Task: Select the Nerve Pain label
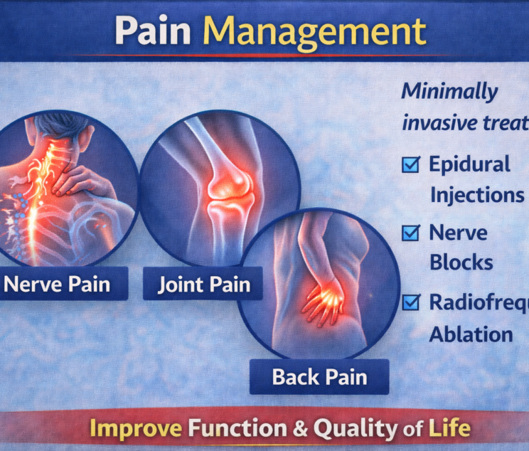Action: (x=57, y=285)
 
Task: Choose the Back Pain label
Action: (x=319, y=376)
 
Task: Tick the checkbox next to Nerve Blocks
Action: (x=410, y=233)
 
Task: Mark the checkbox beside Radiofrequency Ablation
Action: (x=410, y=303)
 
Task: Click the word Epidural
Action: (x=469, y=165)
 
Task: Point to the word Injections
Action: (x=476, y=195)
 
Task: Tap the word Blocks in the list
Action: (x=461, y=262)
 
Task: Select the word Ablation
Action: (x=471, y=334)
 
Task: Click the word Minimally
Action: (x=449, y=92)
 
